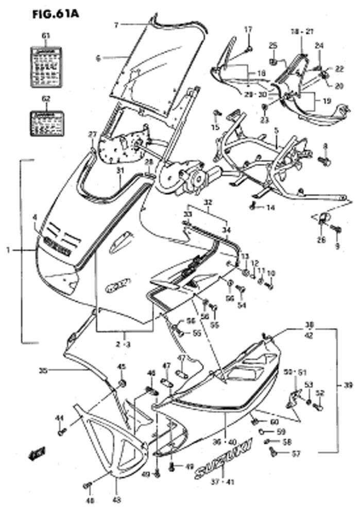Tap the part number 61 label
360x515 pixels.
click(46, 36)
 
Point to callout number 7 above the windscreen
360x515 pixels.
click(116, 24)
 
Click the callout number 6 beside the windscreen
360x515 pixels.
click(98, 58)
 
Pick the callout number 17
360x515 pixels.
click(248, 29)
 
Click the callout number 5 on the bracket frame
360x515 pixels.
click(277, 131)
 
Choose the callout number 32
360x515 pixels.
click(209, 202)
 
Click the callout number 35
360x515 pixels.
click(43, 369)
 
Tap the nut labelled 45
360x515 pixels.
click(123, 384)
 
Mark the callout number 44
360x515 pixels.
click(59, 418)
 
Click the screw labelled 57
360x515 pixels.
click(274, 453)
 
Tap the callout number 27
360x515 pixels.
click(93, 134)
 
